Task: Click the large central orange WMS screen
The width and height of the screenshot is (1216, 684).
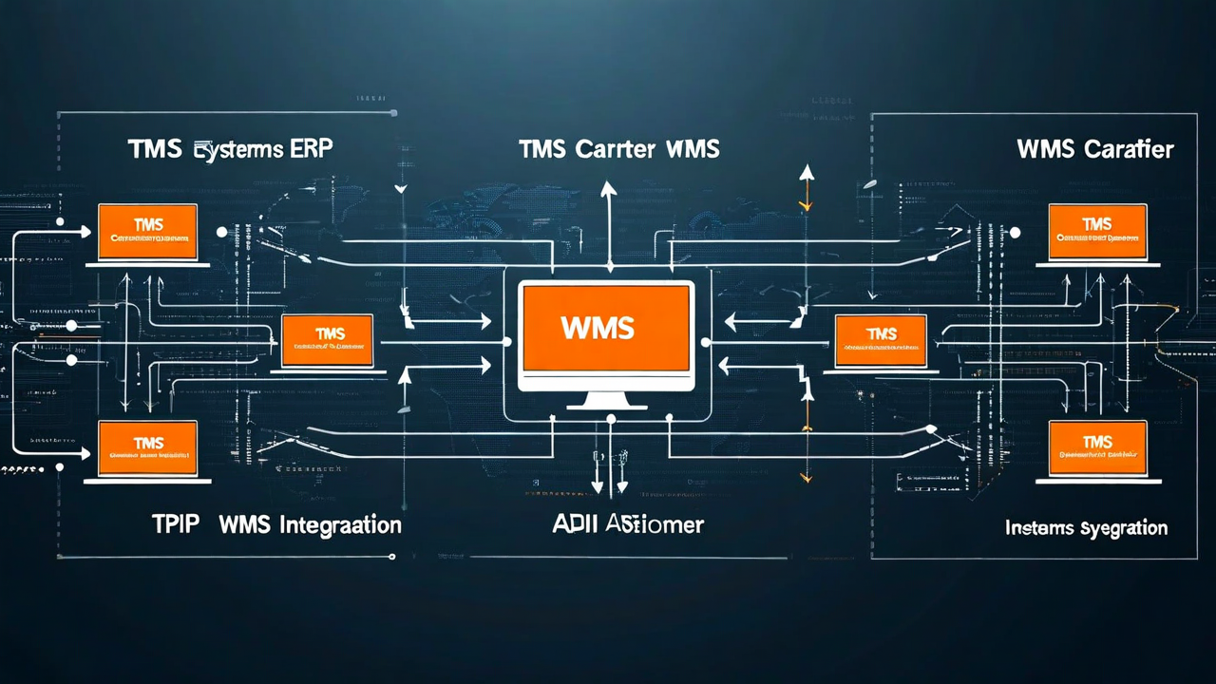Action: click(x=606, y=328)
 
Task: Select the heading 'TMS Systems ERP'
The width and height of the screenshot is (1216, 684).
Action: click(x=230, y=149)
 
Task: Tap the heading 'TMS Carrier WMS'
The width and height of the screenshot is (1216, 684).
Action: click(x=618, y=149)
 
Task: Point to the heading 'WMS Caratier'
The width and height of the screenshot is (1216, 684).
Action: click(x=1094, y=149)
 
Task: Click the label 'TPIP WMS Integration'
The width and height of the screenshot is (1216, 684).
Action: click(x=276, y=524)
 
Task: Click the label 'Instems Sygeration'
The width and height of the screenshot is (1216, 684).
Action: click(x=1086, y=528)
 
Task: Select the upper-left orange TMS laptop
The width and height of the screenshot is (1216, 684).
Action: click(x=148, y=233)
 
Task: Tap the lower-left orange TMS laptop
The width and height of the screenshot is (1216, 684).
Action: click(x=148, y=449)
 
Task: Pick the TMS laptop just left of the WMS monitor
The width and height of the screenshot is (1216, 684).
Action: click(x=328, y=341)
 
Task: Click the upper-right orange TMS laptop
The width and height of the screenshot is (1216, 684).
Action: click(x=1097, y=233)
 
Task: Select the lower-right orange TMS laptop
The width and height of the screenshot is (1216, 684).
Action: click(x=1097, y=449)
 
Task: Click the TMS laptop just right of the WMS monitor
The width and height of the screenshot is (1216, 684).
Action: click(x=880, y=341)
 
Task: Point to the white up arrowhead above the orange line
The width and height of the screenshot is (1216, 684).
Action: click(x=807, y=172)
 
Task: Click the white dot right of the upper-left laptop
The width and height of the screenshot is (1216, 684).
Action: click(x=221, y=231)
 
